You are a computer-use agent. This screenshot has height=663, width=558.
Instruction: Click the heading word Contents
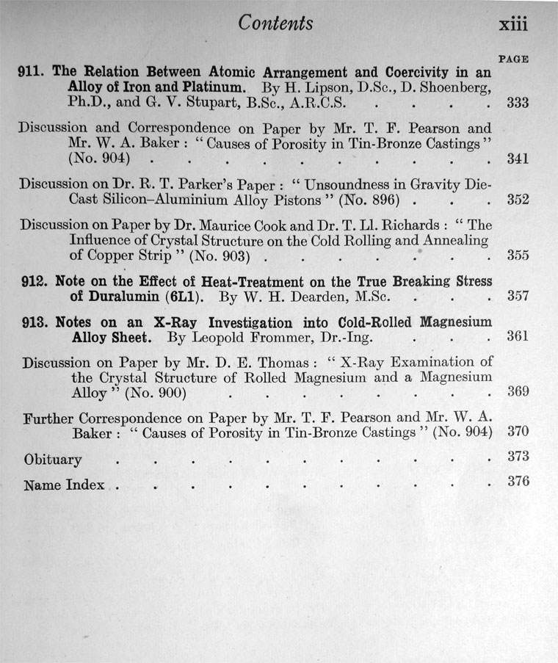tap(275, 23)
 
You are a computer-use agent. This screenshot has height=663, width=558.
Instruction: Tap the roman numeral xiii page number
tap(513, 24)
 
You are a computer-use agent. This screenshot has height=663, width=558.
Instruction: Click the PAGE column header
tap(514, 58)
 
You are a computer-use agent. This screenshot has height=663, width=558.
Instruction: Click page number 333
tap(518, 103)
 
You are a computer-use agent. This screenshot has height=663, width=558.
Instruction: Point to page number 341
tap(518, 158)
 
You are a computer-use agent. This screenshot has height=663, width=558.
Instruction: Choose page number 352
tap(518, 198)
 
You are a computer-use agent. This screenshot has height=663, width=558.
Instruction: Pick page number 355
tap(518, 256)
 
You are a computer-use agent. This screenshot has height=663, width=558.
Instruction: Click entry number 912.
tap(35, 282)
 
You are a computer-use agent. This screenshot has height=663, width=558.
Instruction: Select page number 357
tap(518, 297)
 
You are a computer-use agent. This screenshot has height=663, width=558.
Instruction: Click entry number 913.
tap(35, 323)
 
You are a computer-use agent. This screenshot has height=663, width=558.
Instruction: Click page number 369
tap(518, 392)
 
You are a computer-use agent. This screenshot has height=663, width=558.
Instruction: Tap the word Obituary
tap(53, 460)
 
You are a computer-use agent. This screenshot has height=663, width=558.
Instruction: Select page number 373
tap(518, 457)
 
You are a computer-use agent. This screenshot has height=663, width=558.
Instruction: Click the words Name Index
tap(64, 485)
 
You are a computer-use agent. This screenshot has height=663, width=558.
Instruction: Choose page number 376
tap(518, 482)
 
